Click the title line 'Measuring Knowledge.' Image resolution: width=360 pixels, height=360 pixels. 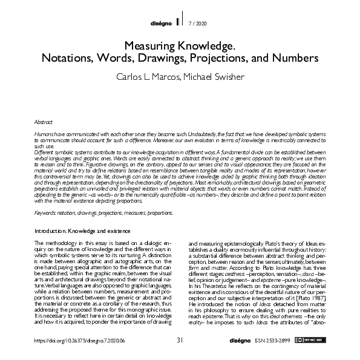pos(179,46)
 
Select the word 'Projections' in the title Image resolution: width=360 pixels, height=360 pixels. pos(234,59)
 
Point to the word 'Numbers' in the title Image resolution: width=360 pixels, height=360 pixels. pos(298,59)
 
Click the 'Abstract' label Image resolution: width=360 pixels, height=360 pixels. pos(44,122)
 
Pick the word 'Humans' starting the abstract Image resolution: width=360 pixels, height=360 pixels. pos(44,132)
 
